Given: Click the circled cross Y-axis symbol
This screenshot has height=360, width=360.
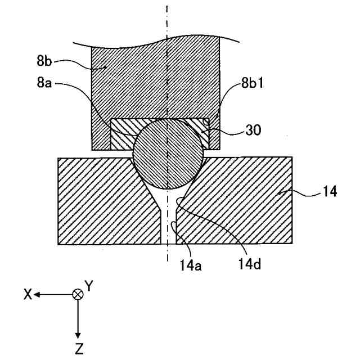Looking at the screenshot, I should coord(78,294).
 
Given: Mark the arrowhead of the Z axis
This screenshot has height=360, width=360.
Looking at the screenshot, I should coord(78,335).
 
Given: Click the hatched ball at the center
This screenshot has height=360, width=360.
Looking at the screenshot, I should coord(168,153).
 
